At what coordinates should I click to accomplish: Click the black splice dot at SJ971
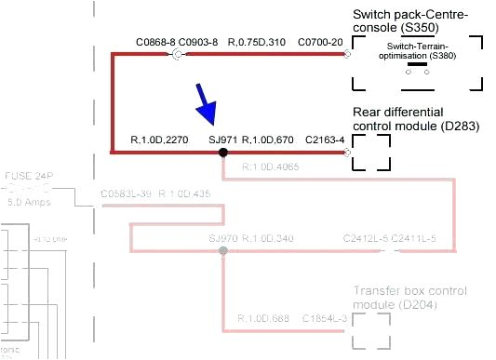point(223,151)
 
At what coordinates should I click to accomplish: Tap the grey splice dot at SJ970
point(222,251)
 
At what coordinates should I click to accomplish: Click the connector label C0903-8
point(198,43)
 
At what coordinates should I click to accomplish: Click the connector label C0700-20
point(321,43)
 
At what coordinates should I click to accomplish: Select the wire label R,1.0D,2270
point(160,140)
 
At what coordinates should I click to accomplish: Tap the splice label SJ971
point(223,140)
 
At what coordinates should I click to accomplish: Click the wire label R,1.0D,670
point(268,140)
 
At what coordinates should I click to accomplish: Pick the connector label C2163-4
point(325,140)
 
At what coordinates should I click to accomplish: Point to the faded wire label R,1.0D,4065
point(270,167)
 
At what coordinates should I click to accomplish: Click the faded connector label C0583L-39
point(126,194)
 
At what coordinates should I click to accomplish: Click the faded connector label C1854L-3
point(325,318)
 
